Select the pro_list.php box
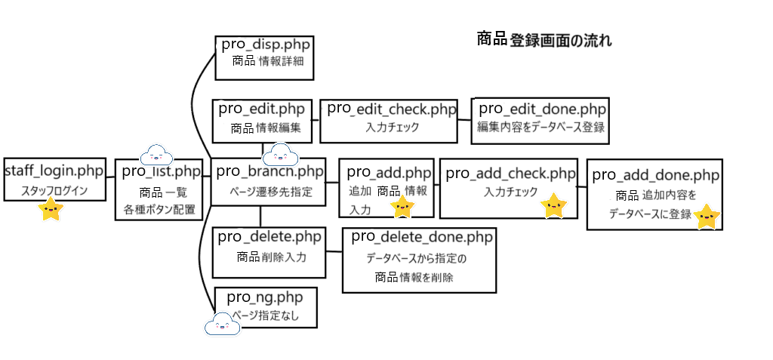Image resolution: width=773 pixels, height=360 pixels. (159, 190)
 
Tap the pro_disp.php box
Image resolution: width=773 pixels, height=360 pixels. (263, 57)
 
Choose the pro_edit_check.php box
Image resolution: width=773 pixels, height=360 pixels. (391, 120)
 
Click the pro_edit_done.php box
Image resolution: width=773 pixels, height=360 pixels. (539, 118)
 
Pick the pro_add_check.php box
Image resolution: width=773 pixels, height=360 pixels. (508, 188)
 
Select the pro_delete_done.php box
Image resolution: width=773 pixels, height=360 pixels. (420, 260)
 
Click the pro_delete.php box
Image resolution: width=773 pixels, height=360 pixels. (270, 251)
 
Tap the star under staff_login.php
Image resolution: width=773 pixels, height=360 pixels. (51, 210)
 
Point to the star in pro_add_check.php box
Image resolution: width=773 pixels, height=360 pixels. (554, 205)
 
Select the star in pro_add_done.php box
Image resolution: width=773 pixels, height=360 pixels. (707, 217)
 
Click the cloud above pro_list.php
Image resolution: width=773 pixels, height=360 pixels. (157, 154)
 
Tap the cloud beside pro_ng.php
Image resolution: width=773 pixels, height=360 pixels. (222, 323)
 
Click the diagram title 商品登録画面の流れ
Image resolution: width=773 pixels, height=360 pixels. (544, 40)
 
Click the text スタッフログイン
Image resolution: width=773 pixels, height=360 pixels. (53, 191)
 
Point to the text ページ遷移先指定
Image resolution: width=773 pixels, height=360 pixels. (269, 191)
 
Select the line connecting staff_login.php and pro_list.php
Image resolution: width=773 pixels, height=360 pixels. (109, 177)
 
